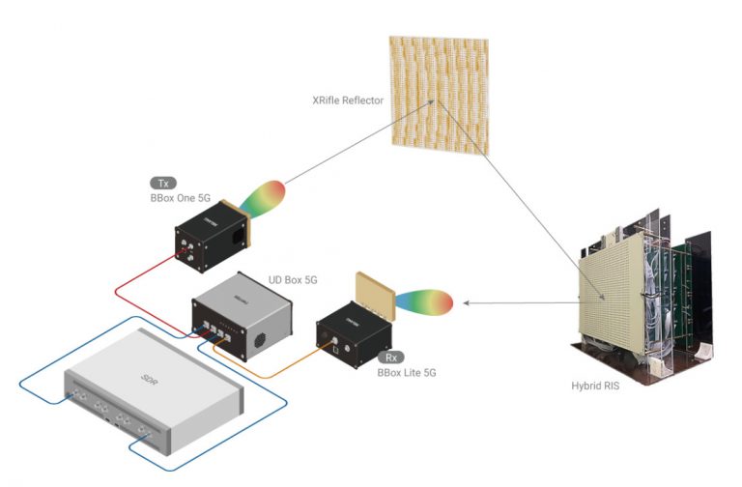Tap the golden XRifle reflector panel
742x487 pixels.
coord(439,92)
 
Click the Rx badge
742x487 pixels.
coord(391,357)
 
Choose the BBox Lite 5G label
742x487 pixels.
coord(406,372)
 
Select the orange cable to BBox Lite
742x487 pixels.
coord(280,371)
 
